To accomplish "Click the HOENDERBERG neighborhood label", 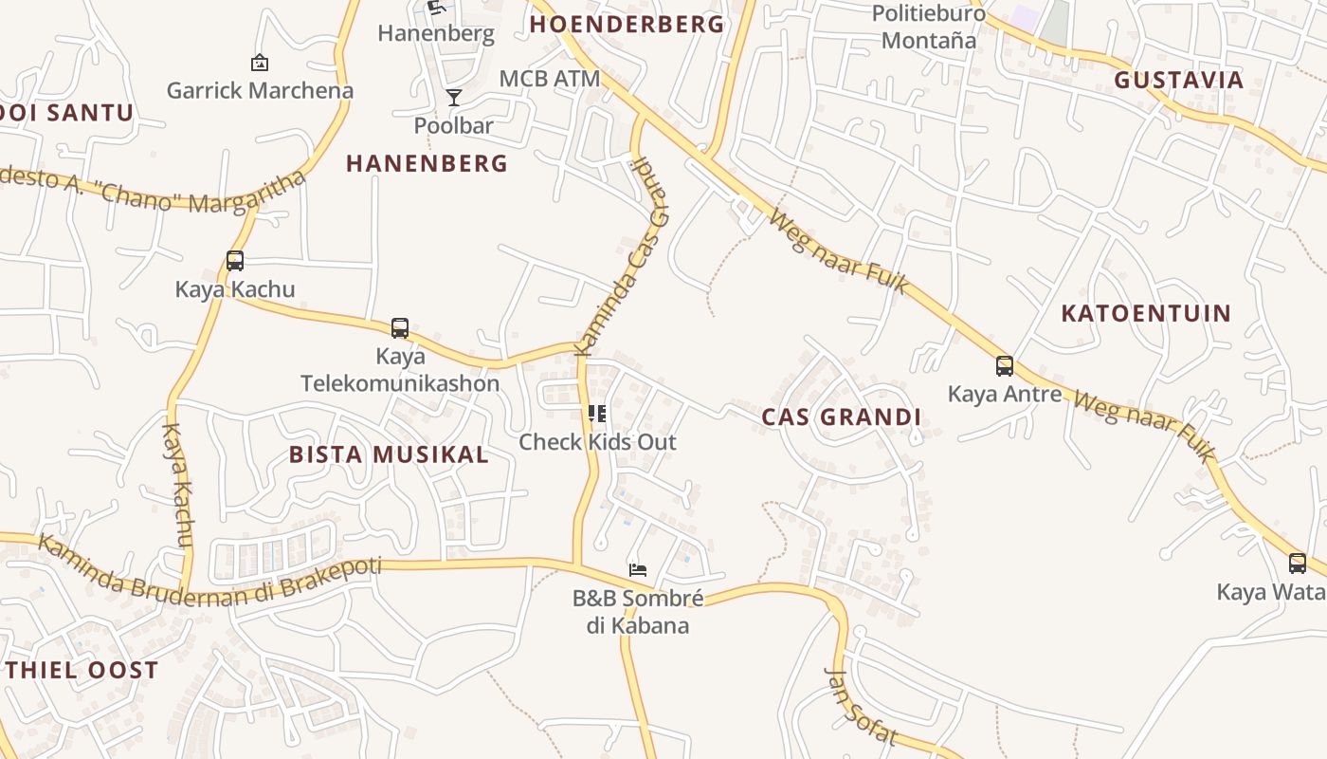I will (627, 25).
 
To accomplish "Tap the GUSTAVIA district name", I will (1178, 80).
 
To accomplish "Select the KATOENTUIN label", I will (1146, 313).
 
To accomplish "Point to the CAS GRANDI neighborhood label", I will (842, 417).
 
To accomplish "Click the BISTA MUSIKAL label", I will (389, 454).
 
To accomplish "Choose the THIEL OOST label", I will (83, 671).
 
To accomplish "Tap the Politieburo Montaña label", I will (928, 27).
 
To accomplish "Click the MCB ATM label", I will (550, 79).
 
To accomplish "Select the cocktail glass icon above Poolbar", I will (454, 98).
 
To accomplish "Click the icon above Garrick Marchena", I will (259, 63).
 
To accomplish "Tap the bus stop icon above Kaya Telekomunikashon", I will (400, 328).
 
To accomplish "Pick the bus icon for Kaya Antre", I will (1005, 365).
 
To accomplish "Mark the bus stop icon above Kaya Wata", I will (1298, 564).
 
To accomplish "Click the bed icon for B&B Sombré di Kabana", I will (638, 569).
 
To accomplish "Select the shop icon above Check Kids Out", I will (597, 413).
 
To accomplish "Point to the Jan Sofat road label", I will (861, 707).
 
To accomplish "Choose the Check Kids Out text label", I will (597, 442).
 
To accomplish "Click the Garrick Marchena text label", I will (260, 91).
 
